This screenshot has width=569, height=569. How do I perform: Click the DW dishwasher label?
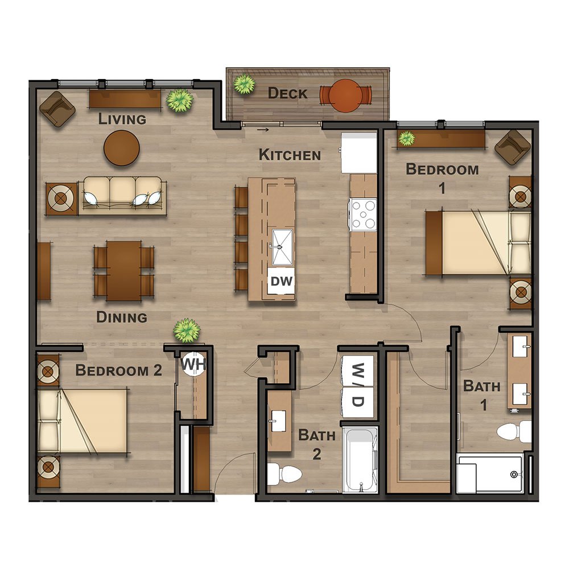pyautogui.click(x=282, y=281)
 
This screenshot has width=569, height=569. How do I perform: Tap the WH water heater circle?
pyautogui.click(x=193, y=364)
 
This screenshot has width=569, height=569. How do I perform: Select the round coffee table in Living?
pyautogui.click(x=122, y=148)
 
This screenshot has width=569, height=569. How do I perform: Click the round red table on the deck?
pyautogui.click(x=345, y=96)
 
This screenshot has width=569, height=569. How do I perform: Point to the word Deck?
pyautogui.click(x=287, y=93)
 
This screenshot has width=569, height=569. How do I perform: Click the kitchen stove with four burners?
pyautogui.click(x=363, y=215)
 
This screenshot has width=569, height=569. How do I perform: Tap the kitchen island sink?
pyautogui.click(x=282, y=247)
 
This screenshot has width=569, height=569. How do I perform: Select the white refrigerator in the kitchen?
pyautogui.click(x=359, y=152)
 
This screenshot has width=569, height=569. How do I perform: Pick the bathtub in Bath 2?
pyautogui.click(x=360, y=460)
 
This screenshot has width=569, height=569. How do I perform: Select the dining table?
pyautogui.click(x=123, y=271)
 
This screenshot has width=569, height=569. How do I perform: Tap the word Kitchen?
pyautogui.click(x=290, y=155)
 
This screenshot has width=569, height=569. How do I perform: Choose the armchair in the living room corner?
pyautogui.click(x=57, y=109)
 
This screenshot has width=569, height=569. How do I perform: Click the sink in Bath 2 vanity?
pyautogui.click(x=278, y=421)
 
